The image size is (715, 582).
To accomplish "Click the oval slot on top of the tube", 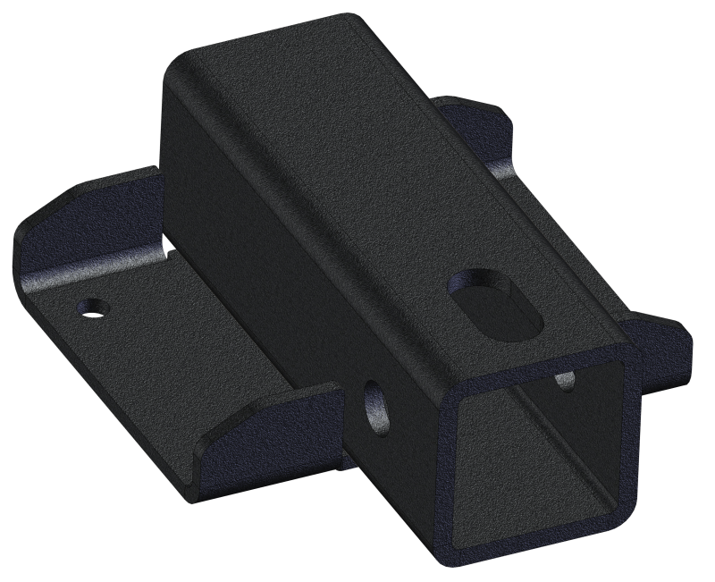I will [495, 303].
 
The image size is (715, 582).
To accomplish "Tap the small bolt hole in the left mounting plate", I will [91, 307].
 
